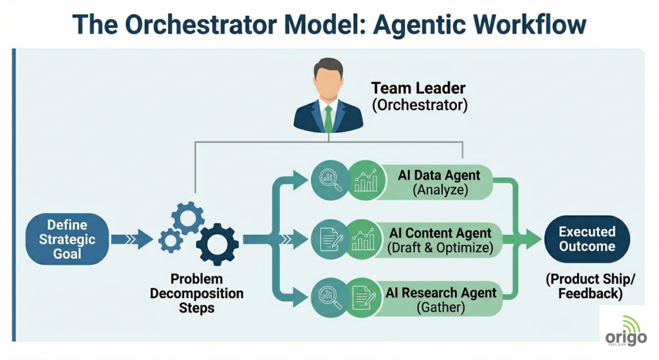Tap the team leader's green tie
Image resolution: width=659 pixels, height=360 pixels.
tap(329, 118)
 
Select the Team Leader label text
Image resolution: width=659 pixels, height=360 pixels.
tap(418, 88)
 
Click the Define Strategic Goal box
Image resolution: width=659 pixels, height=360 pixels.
tap(68, 239)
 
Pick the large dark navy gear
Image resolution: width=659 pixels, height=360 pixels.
tap(217, 244)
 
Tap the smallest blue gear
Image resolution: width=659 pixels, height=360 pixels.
tap(171, 240)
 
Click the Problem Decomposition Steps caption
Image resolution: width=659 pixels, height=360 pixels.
tap(196, 293)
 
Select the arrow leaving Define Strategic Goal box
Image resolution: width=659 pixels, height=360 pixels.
tap(132, 240)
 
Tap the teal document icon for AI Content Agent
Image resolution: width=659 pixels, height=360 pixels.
tap(329, 239)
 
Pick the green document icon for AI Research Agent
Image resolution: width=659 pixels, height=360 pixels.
tap(365, 298)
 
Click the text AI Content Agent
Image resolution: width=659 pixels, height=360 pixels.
tap(440, 232)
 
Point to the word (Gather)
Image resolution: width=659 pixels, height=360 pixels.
tap(440, 307)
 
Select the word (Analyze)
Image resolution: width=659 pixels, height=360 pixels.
tap(440, 190)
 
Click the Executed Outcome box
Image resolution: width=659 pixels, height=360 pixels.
tap(586, 239)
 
